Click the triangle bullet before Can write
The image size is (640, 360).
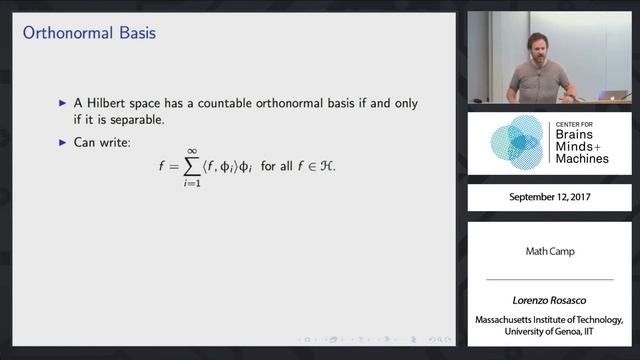click(x=62, y=142)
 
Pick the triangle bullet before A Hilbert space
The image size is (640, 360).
click(x=62, y=103)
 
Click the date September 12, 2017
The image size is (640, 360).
click(x=549, y=198)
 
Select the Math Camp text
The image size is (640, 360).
click(x=549, y=251)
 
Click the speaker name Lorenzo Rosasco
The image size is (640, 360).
click(x=549, y=300)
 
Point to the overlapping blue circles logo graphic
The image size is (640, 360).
click(x=514, y=143)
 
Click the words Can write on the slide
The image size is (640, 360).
click(x=101, y=142)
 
